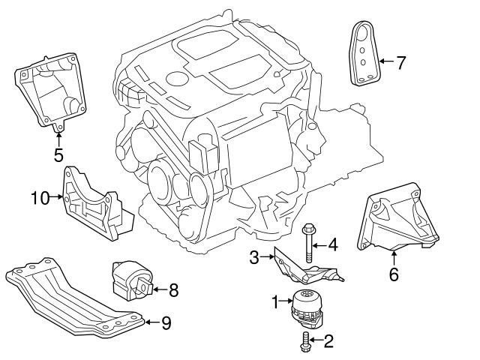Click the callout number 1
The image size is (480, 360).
[x=275, y=301]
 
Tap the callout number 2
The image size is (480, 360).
[x=328, y=342]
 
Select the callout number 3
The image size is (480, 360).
[x=254, y=258]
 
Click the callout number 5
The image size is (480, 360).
[x=58, y=156]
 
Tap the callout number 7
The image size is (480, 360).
[x=400, y=61]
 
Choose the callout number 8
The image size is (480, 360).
[x=172, y=287]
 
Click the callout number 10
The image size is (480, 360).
[x=39, y=198]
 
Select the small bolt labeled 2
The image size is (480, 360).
[x=303, y=341]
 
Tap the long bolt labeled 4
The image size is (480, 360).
[x=308, y=244]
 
